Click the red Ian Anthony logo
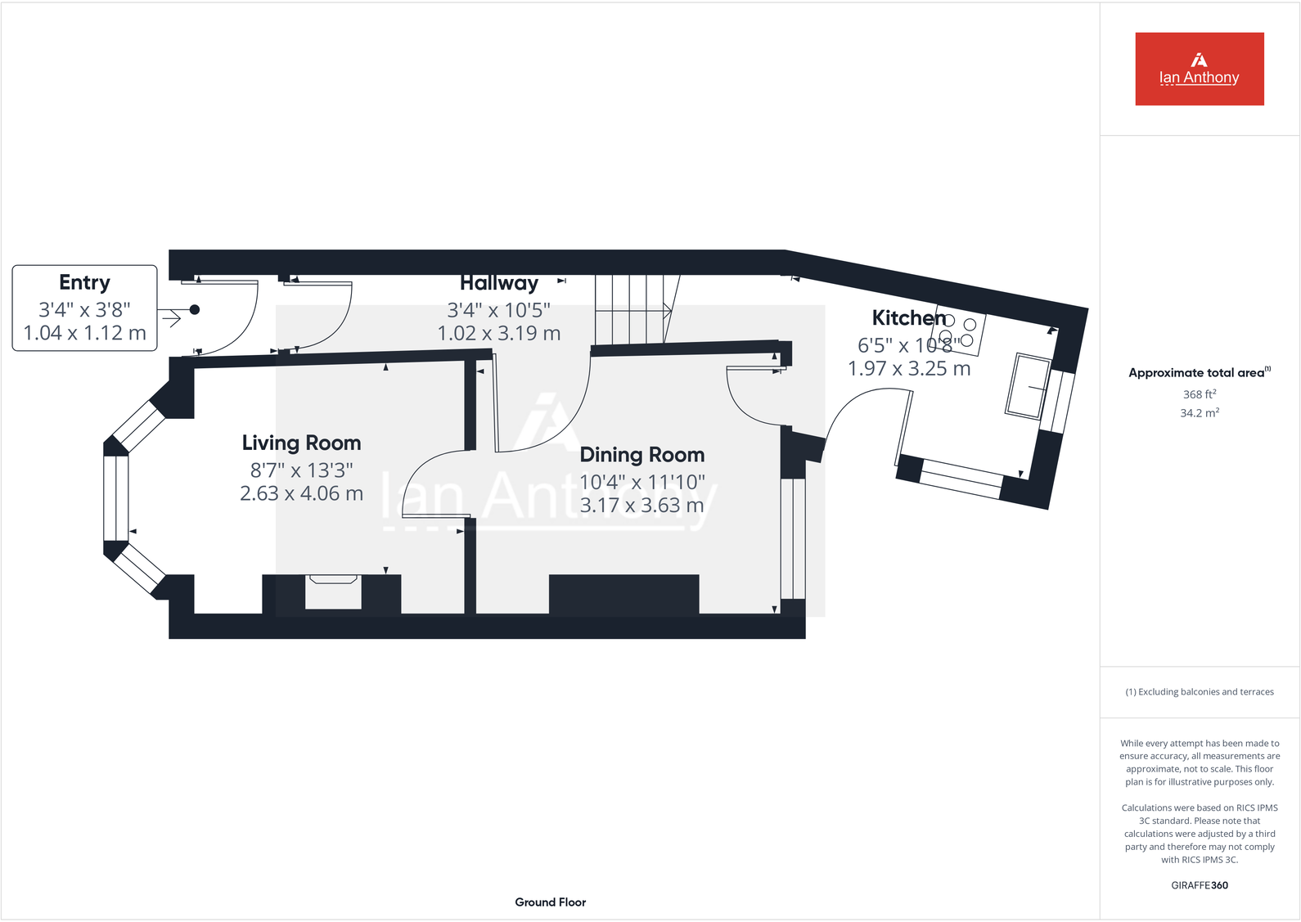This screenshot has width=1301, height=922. pyautogui.click(x=1199, y=69)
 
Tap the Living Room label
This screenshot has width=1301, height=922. pyautogui.click(x=301, y=443)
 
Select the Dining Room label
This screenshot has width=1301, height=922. pyautogui.click(x=641, y=455)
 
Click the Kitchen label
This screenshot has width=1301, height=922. pyautogui.click(x=908, y=317)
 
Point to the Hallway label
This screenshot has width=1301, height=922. pyautogui.click(x=498, y=283)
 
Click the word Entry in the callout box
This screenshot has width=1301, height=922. pyautogui.click(x=84, y=282)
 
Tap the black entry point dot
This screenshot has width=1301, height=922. pyautogui.click(x=194, y=310)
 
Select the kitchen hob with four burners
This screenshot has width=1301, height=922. pyautogui.click(x=958, y=331)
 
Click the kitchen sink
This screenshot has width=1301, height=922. pyautogui.click(x=1028, y=386)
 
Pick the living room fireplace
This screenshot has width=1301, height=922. pyautogui.click(x=332, y=591)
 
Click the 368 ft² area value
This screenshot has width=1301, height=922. pyautogui.click(x=1199, y=394)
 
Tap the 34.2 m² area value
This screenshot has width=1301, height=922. pyautogui.click(x=1199, y=413)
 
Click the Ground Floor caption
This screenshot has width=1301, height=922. pyautogui.click(x=550, y=902)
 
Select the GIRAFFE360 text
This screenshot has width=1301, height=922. pyautogui.click(x=1199, y=885)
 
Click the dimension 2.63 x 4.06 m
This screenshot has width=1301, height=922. pyautogui.click(x=301, y=493)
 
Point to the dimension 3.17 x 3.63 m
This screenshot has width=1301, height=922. pyautogui.click(x=641, y=506)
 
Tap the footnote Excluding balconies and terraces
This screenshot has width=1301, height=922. pyautogui.click(x=1199, y=692)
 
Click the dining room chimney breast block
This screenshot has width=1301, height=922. pyautogui.click(x=623, y=594)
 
